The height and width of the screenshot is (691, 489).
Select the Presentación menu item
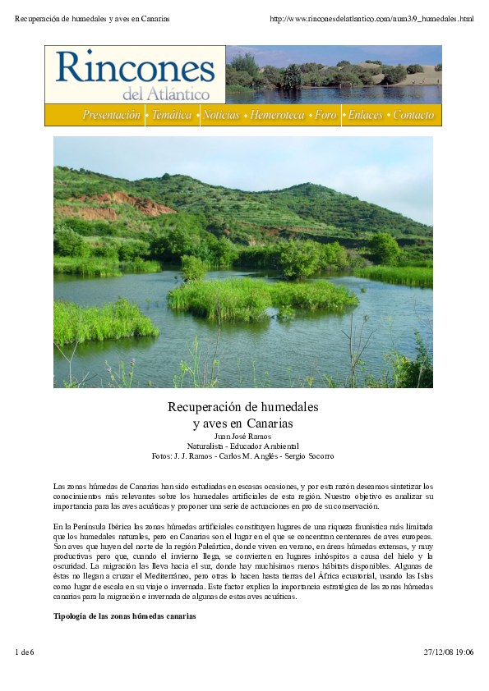[111, 116]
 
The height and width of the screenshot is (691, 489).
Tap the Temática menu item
[172, 116]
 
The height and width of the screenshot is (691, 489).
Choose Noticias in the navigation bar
[222, 116]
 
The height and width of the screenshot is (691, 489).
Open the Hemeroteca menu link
[279, 116]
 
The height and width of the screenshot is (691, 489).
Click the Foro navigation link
[326, 116]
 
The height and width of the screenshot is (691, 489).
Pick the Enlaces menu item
[365, 116]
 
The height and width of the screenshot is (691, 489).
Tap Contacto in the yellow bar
[413, 116]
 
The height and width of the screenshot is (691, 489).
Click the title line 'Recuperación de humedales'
[242, 407]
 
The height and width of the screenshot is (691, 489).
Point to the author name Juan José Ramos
[242, 436]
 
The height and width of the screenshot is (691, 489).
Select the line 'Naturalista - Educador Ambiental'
[242, 446]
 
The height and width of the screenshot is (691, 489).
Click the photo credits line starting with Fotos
[242, 455]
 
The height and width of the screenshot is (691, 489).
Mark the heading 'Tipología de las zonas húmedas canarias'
[125, 615]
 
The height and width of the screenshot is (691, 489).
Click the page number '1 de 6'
[26, 652]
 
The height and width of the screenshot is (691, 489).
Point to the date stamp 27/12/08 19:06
[449, 652]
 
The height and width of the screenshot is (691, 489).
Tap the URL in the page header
[371, 18]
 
